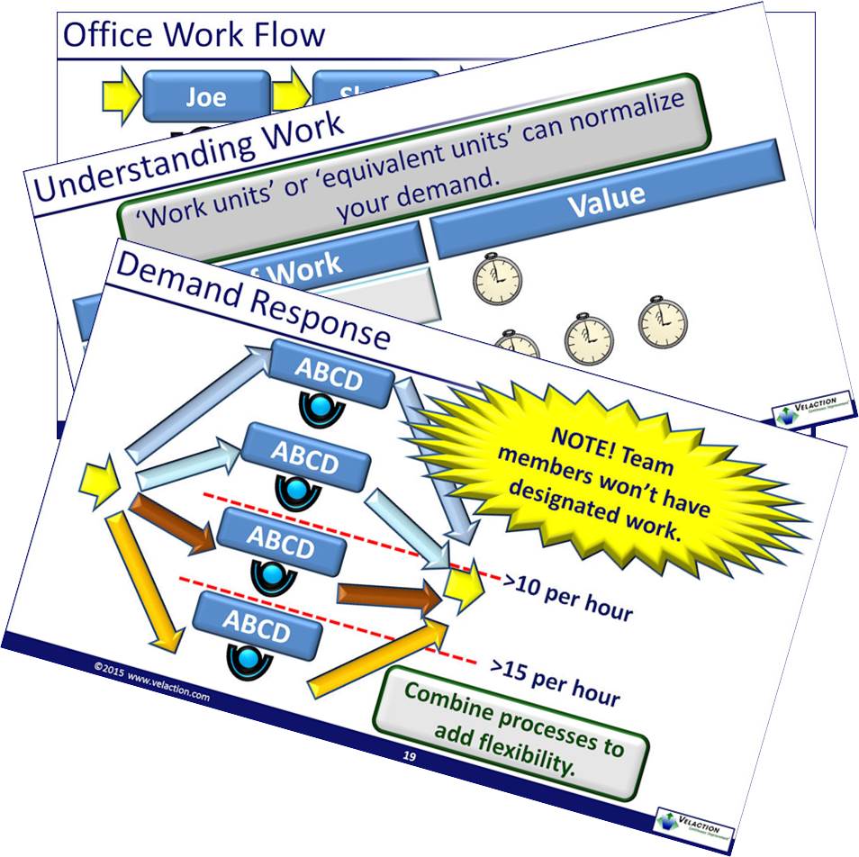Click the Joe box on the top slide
205,96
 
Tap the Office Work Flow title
193,35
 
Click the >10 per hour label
568,597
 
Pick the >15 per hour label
555,681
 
